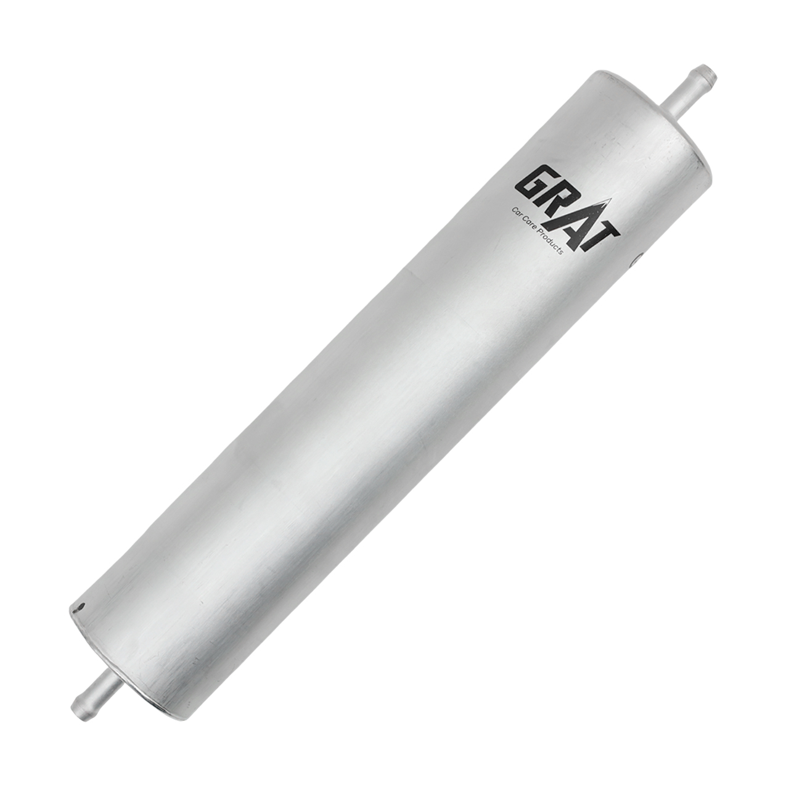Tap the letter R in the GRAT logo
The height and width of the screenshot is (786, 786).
(x=559, y=199)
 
